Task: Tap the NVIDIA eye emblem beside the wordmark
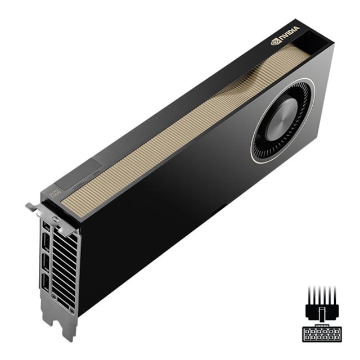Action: point(276,40)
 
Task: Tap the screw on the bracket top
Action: point(55,218)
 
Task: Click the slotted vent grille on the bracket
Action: point(62,264)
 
